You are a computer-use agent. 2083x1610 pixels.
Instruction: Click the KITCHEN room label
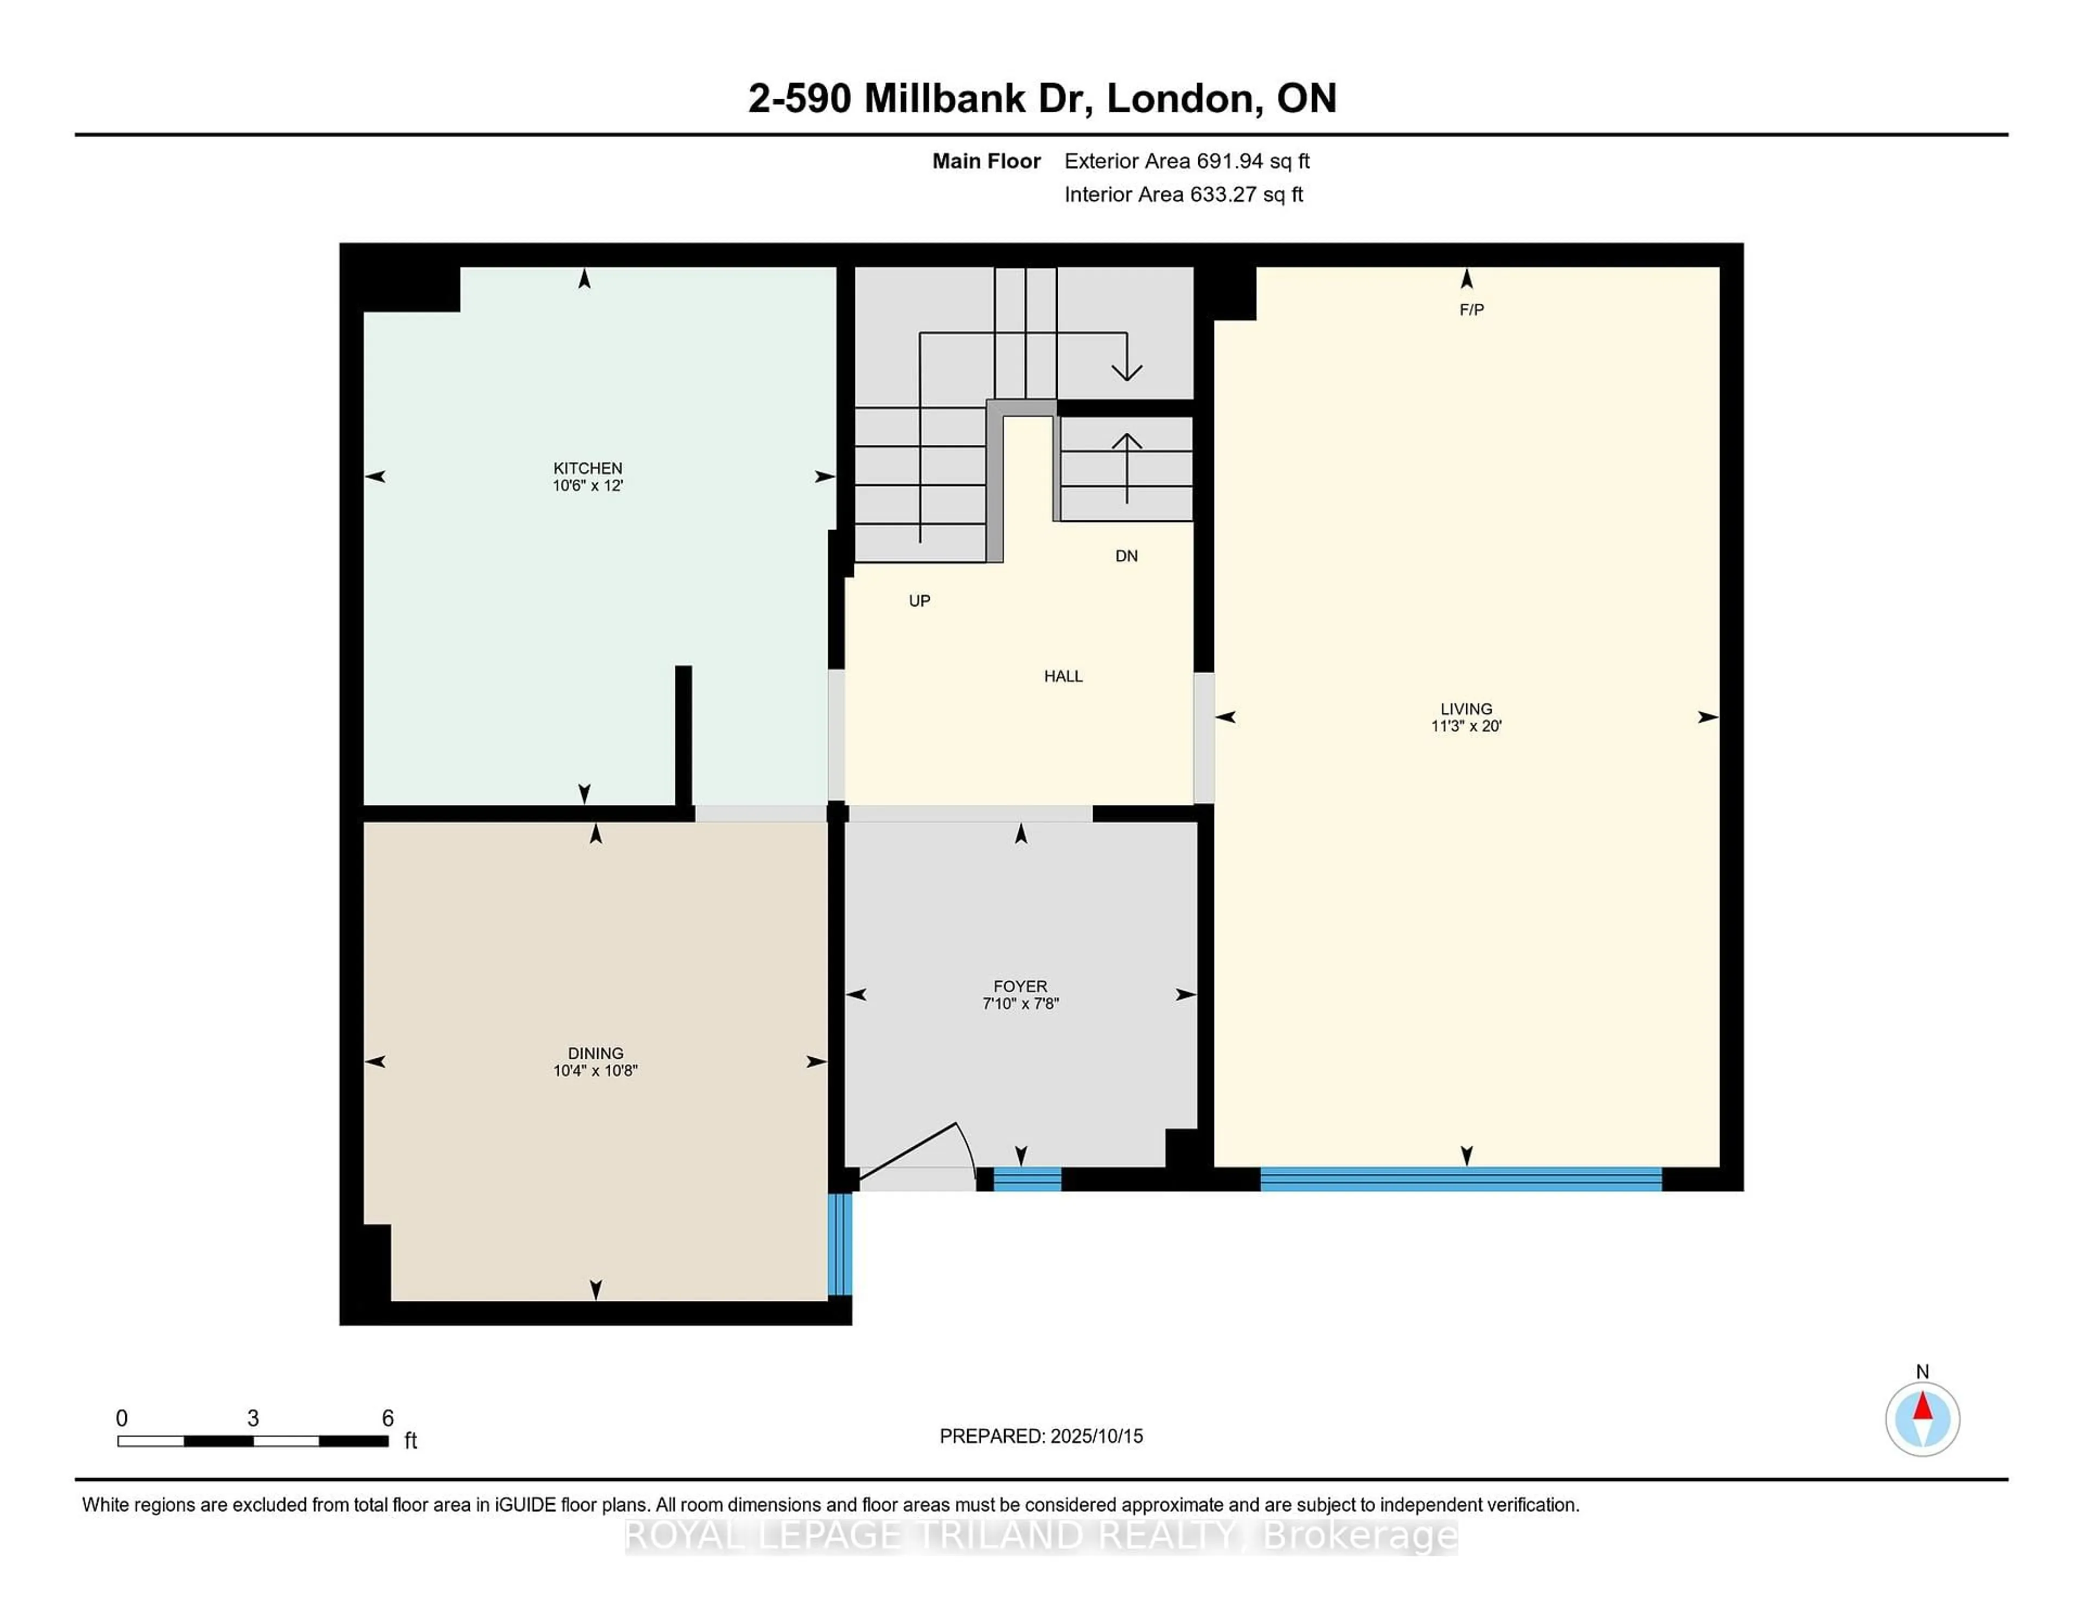pyautogui.click(x=587, y=468)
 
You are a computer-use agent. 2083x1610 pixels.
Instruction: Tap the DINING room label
pyautogui.click(x=595, y=1053)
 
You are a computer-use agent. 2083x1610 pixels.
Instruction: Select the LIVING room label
pyautogui.click(x=1466, y=708)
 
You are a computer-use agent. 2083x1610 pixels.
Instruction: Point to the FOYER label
pyautogui.click(x=1020, y=986)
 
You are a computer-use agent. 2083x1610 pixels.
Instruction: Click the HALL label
pyautogui.click(x=1063, y=676)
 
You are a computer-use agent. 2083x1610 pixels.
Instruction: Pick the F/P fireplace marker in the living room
pyautogui.click(x=1471, y=310)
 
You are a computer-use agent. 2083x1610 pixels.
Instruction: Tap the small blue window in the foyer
pyautogui.click(x=1027, y=1179)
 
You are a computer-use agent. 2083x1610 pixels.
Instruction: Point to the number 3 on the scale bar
pyautogui.click(x=253, y=1419)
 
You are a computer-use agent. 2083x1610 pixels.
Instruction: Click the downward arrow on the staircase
pyautogui.click(x=1126, y=367)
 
